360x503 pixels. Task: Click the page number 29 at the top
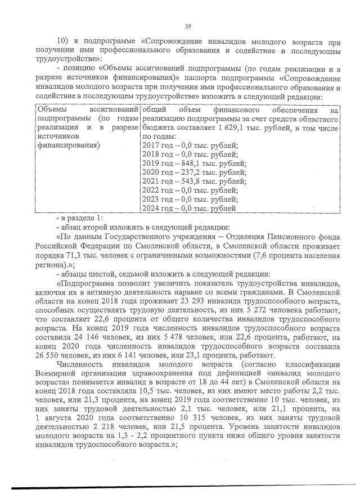188,25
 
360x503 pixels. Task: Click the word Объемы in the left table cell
52,110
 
